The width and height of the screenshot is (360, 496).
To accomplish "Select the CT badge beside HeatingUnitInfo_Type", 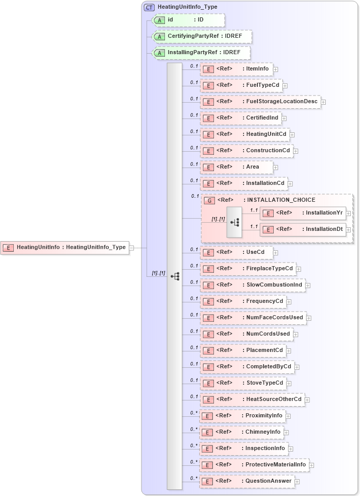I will [150, 8].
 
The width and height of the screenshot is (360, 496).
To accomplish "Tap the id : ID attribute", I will [188, 20].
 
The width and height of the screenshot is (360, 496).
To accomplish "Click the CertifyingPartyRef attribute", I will [202, 36].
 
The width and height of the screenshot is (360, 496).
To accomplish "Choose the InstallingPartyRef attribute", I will [201, 53].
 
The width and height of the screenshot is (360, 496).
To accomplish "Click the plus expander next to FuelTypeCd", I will [285, 86].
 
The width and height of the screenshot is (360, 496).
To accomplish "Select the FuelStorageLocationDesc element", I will [260, 102].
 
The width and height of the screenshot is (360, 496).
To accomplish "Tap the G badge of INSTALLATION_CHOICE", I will [209, 200].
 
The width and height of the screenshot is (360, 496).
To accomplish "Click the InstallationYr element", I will [304, 213].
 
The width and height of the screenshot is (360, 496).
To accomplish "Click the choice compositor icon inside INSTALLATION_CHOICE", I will [234, 222].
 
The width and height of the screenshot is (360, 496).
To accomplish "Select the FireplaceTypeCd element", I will [248, 268].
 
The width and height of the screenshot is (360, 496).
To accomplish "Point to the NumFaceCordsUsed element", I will [253, 317].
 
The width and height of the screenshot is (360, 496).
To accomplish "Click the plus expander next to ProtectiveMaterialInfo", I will [311, 465].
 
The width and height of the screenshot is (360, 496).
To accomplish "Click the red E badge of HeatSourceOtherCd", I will [208, 399].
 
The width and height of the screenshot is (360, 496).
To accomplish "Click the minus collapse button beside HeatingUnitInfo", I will [132, 248].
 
